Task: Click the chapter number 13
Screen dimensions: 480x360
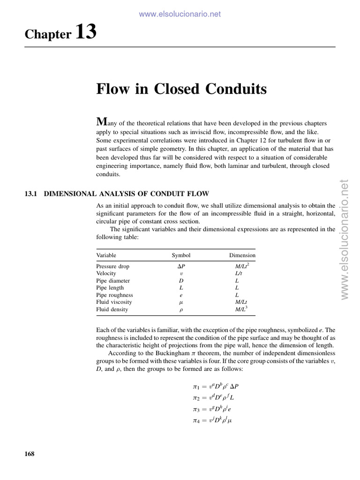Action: point(85,32)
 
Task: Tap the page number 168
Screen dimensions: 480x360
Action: point(29,454)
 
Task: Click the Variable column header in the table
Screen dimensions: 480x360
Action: point(106,255)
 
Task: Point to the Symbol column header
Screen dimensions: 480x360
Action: point(181,255)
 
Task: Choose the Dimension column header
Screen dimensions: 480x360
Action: point(242,255)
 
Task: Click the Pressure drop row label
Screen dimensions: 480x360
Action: point(113,266)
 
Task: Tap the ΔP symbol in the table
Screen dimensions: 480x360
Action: point(181,266)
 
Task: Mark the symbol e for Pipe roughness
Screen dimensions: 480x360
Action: point(181,295)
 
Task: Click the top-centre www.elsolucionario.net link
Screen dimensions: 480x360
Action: point(180,14)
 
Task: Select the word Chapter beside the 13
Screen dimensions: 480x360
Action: point(48,34)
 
